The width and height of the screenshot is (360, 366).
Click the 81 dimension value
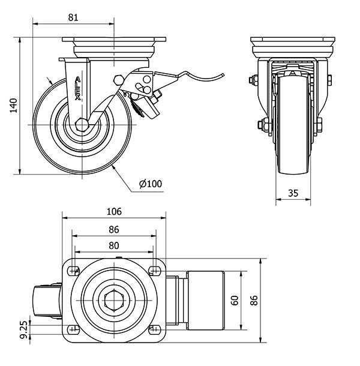click(x=73, y=18)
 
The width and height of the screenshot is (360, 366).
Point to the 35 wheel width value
click(x=293, y=193)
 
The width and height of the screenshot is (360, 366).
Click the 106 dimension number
click(x=114, y=212)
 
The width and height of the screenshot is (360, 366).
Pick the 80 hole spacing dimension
click(x=114, y=245)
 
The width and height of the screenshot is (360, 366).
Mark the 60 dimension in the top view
click(x=236, y=300)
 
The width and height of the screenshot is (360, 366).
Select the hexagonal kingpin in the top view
click(x=114, y=300)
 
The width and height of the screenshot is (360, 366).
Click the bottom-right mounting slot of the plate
click(x=154, y=329)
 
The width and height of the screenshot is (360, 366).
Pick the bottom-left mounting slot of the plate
click(x=74, y=329)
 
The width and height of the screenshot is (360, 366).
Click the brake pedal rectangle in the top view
click(x=206, y=300)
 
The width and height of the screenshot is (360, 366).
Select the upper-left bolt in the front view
click(x=254, y=80)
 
